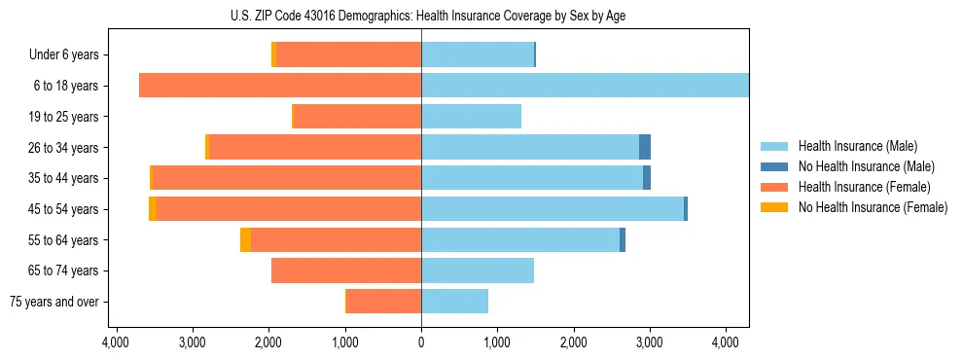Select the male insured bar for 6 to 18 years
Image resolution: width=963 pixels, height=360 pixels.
click(x=584, y=86)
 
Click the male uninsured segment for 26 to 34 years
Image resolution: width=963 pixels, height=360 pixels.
click(x=645, y=147)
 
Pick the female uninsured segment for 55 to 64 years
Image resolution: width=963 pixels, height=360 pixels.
click(x=245, y=239)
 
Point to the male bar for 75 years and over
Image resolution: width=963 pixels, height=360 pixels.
click(x=454, y=302)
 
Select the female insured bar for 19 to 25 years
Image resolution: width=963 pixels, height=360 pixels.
click(x=357, y=117)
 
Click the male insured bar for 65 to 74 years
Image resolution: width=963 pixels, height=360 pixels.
click(x=478, y=270)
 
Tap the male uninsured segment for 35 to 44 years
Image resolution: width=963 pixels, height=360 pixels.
click(x=647, y=178)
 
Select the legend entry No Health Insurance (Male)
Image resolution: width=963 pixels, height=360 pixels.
click(x=866, y=166)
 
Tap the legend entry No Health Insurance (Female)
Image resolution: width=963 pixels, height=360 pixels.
click(x=873, y=207)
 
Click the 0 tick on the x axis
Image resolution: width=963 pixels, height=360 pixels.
click(x=421, y=342)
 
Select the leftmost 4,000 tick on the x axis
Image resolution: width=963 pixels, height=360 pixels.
click(x=116, y=342)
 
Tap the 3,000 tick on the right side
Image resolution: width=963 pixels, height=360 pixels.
click(x=650, y=342)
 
